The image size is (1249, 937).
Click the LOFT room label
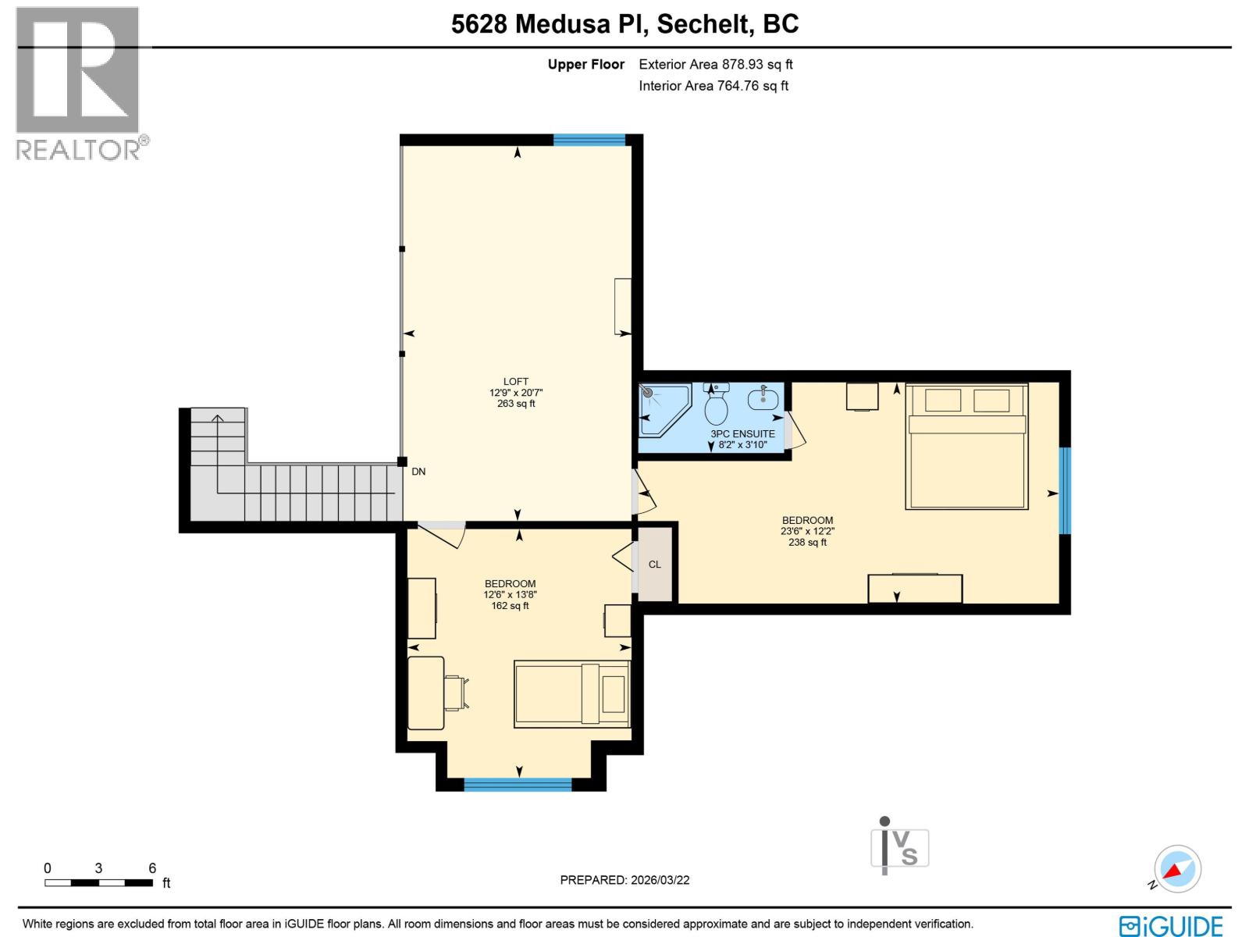coord(516,382)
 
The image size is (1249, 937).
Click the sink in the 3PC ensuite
coord(763,399)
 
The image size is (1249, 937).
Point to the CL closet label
coord(654,565)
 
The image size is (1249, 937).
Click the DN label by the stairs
coord(418,472)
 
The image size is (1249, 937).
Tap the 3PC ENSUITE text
coord(742,434)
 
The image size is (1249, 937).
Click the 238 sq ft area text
coord(807,542)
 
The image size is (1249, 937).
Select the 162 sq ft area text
coord(510,606)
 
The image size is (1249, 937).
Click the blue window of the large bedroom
coord(1065,490)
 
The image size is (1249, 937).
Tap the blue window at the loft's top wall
coord(589,140)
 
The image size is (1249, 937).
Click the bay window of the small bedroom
coord(518,785)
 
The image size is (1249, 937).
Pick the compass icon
coord(1177,868)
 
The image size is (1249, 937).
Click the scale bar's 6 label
coord(152,868)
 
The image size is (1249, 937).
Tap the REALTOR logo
coord(78,82)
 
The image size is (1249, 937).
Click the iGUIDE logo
coord(1171,926)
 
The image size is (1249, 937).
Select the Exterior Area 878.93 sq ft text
coord(716,65)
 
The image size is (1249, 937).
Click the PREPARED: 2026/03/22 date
coord(624,880)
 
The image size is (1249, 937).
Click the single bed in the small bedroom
coord(572,694)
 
